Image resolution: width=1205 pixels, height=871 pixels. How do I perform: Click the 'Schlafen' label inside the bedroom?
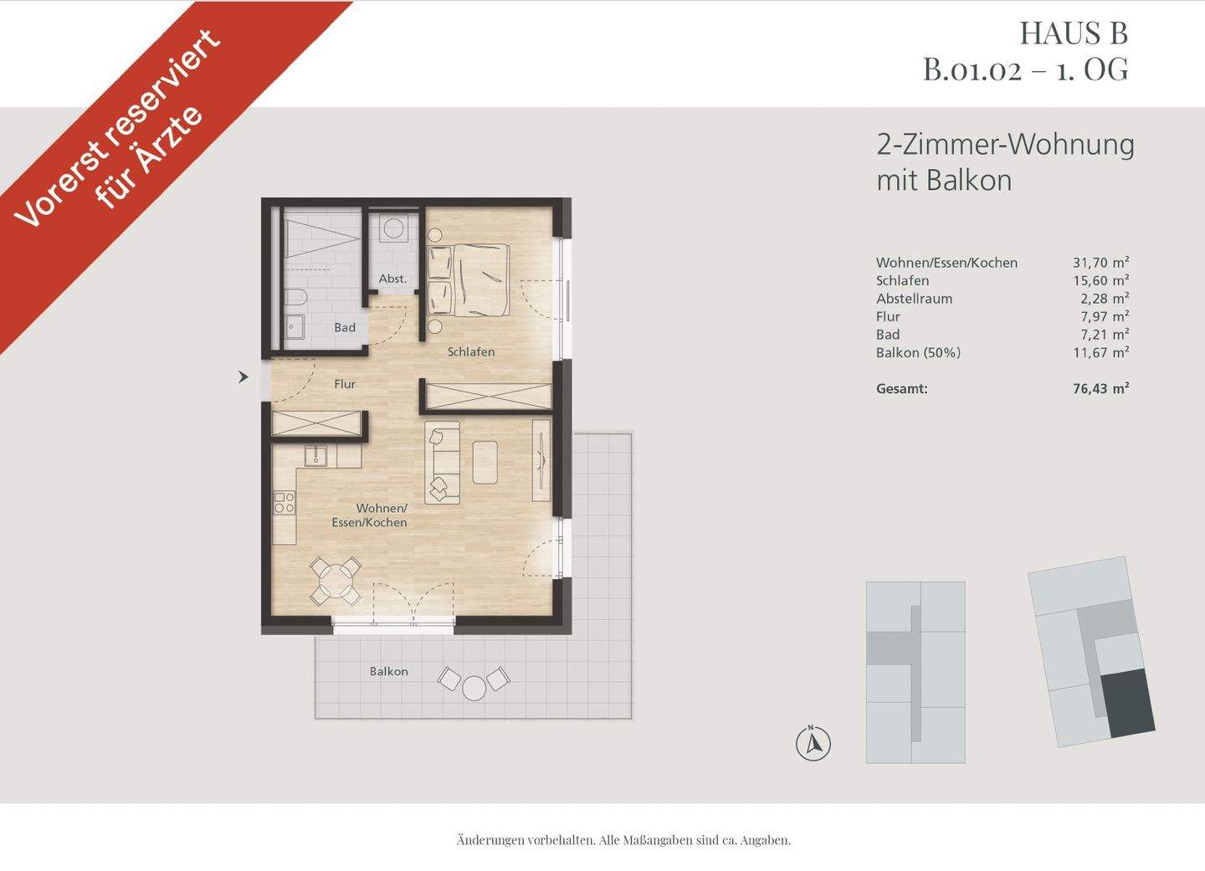coord(470,352)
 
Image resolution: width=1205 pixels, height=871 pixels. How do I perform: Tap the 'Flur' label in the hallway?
coord(345,384)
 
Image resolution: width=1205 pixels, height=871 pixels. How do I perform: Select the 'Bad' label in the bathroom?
coord(345,328)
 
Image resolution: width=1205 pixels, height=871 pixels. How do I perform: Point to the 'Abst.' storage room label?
coord(392,279)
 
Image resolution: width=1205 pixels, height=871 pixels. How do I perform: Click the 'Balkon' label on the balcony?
coord(389,671)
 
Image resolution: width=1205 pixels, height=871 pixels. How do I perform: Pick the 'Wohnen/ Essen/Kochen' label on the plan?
coord(382,515)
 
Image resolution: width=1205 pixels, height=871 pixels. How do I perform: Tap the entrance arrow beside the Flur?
coord(244,377)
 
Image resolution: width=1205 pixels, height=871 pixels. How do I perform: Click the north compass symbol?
coord(813,742)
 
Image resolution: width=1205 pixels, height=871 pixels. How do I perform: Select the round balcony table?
coord(474,687)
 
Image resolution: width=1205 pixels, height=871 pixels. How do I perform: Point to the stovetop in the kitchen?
coord(285,502)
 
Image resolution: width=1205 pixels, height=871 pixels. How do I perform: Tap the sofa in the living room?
coord(443,462)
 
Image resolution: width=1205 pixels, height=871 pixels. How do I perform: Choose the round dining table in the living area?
coord(335,581)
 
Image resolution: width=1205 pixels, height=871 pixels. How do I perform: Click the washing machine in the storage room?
coord(392,227)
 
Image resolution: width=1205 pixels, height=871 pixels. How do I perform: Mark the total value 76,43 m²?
coord(1100,388)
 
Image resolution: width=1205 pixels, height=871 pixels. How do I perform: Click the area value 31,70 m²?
coord(1100,263)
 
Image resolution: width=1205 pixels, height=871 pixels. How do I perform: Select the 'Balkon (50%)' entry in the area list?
coord(918,353)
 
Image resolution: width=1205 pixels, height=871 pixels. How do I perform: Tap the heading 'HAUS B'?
coord(1074,33)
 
